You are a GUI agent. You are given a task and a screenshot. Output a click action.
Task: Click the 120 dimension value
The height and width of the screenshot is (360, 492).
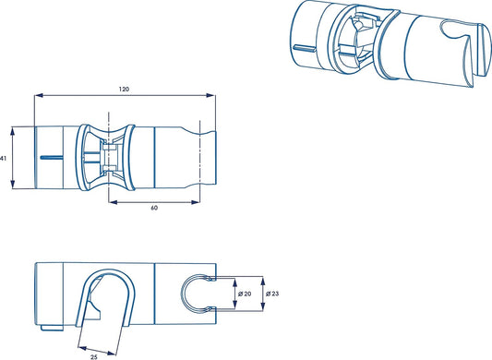(124, 90)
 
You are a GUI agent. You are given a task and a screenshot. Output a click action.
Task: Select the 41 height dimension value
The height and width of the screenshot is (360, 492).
(3, 159)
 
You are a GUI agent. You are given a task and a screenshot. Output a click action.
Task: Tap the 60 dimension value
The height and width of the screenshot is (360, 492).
(154, 208)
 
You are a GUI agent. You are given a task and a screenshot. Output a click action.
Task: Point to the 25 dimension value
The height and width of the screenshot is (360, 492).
(94, 357)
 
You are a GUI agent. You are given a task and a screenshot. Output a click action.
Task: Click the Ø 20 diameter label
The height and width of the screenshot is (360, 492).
(245, 294)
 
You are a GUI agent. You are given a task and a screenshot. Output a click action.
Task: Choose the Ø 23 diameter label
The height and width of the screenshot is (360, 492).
(272, 294)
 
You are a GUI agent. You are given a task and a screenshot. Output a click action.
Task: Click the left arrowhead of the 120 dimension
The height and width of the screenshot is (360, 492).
(38, 95)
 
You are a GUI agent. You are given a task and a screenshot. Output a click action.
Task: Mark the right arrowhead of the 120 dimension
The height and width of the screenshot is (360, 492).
(211, 95)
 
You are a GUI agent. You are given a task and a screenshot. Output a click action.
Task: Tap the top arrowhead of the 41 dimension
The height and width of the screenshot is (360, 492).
(13, 130)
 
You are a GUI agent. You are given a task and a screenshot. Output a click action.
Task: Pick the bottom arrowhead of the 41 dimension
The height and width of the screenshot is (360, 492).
(13, 185)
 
